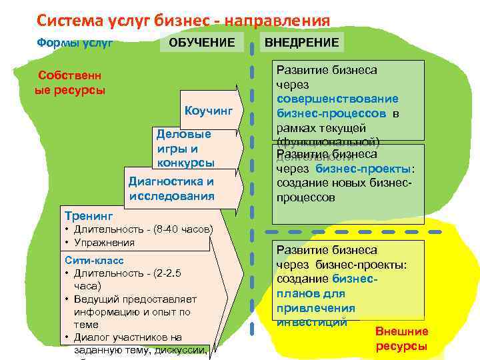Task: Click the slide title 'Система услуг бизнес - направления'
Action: pos(183,21)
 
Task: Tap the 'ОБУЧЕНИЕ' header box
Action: pos(201,43)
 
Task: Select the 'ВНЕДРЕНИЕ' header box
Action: pos(302,43)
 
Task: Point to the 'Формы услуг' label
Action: pos(73,43)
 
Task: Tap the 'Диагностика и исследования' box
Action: pos(171,189)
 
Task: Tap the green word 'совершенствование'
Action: pos(338,99)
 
